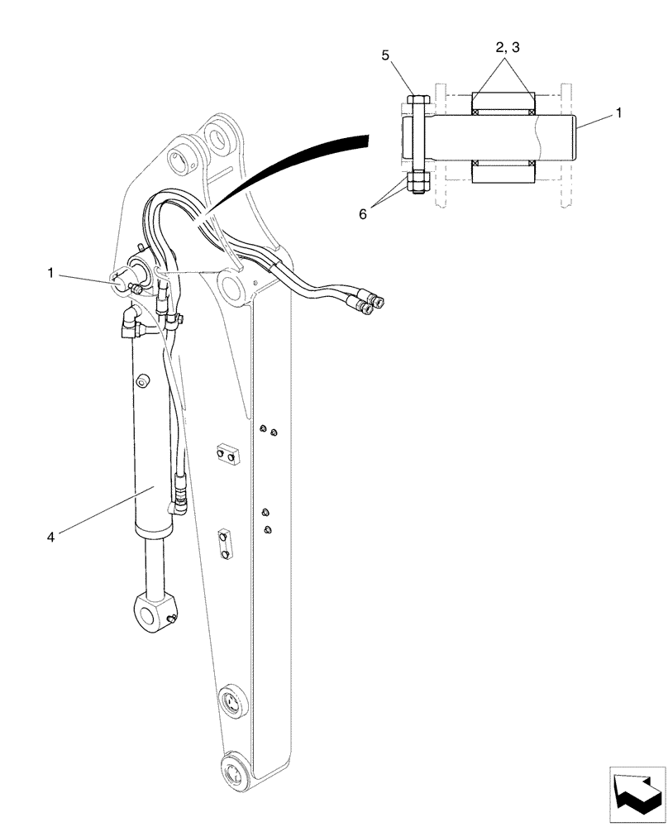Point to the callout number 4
tap(51, 537)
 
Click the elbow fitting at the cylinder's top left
tap(130, 324)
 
